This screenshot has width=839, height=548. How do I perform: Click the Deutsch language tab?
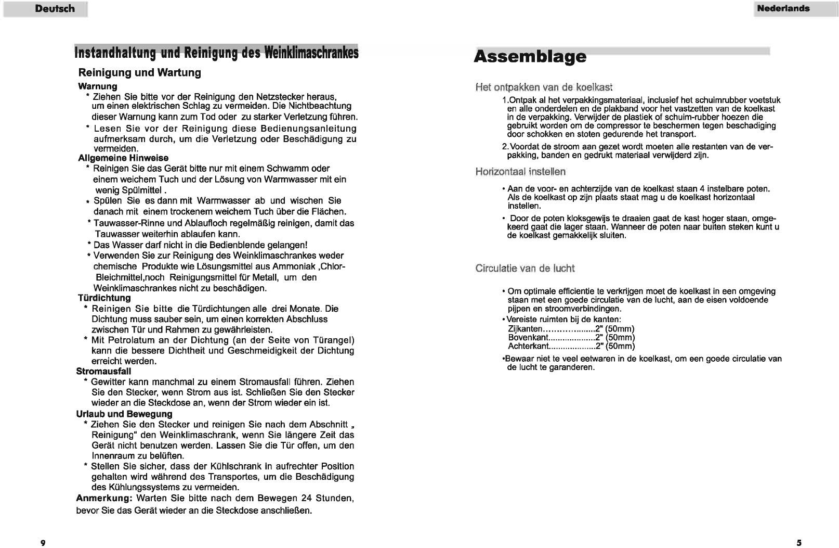click(55, 9)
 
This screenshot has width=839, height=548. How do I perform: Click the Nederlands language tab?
click(783, 9)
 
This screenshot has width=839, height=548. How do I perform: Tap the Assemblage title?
click(530, 56)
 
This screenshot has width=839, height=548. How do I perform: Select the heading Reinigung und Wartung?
click(139, 73)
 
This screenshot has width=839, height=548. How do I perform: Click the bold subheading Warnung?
click(97, 86)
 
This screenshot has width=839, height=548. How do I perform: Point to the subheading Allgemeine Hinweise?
click(123, 158)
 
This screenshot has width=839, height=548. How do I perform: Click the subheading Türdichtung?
click(104, 298)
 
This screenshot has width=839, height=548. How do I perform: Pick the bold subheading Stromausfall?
click(103, 371)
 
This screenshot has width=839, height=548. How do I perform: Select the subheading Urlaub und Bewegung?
click(124, 414)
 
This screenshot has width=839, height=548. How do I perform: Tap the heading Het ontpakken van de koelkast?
click(543, 86)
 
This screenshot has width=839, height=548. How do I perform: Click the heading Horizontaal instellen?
click(520, 172)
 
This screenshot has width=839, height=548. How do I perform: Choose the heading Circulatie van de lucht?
click(525, 269)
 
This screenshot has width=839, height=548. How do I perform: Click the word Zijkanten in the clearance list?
click(525, 329)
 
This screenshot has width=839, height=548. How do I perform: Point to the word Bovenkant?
click(528, 338)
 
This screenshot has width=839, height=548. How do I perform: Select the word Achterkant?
click(529, 346)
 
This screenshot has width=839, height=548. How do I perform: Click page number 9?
click(43, 543)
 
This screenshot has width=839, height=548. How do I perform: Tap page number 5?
click(798, 543)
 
